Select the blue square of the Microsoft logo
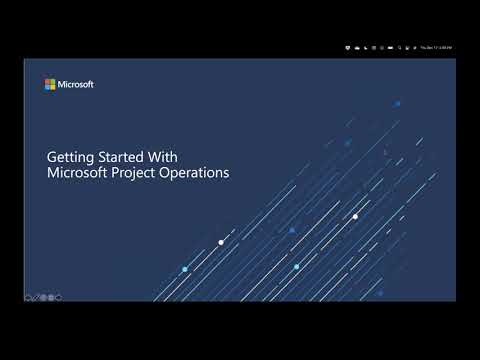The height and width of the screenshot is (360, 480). tap(47, 87)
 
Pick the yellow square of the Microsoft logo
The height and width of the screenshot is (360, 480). tap(52, 87)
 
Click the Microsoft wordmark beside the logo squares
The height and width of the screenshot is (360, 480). tap(76, 85)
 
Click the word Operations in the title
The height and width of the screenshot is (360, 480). tap(198, 172)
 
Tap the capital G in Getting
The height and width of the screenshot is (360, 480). tap(52, 157)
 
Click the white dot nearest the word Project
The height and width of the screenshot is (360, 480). tap(221, 242)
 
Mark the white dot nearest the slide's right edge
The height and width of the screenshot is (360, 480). tap(355, 215)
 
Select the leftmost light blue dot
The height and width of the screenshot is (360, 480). tap(185, 269)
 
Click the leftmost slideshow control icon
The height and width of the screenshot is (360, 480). tap(28, 297)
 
